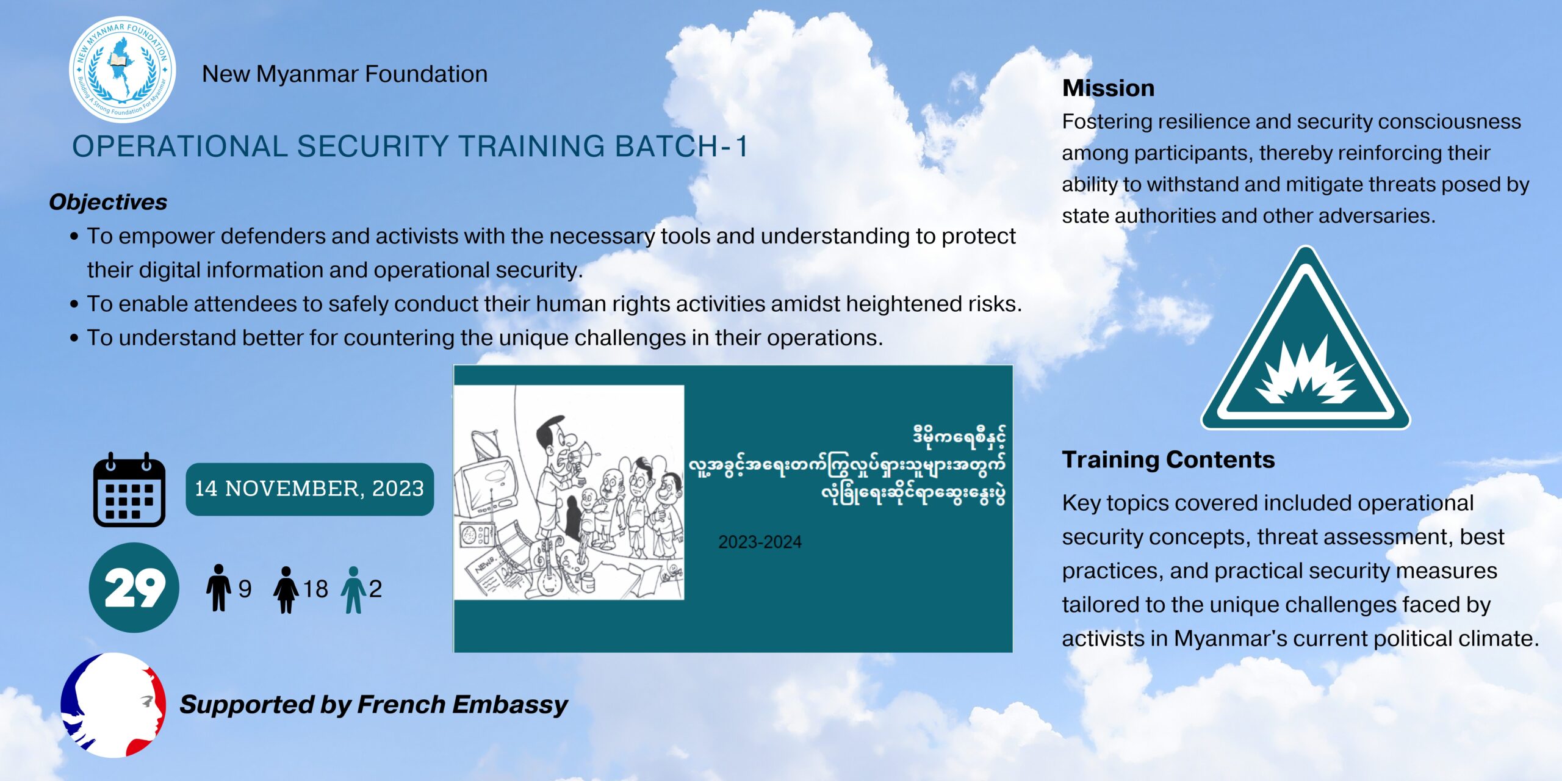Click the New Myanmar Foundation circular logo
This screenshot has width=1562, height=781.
(123, 69)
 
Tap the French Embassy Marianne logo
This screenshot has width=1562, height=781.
(113, 705)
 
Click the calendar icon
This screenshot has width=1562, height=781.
(129, 489)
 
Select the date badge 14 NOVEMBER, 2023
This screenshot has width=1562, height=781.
(310, 489)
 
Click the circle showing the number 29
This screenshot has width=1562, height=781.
(134, 588)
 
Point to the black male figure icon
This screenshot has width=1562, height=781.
(218, 588)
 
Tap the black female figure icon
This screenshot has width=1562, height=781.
(286, 589)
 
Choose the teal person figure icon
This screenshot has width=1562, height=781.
(353, 589)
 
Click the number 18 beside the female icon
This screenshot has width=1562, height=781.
(315, 589)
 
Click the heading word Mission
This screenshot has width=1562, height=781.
(1108, 88)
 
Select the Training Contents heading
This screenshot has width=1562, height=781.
(1168, 459)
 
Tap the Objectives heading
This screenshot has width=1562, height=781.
(108, 202)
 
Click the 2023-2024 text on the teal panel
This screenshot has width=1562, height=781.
(760, 542)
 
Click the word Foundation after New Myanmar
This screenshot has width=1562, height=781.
(426, 74)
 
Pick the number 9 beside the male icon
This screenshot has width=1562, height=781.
(245, 589)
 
